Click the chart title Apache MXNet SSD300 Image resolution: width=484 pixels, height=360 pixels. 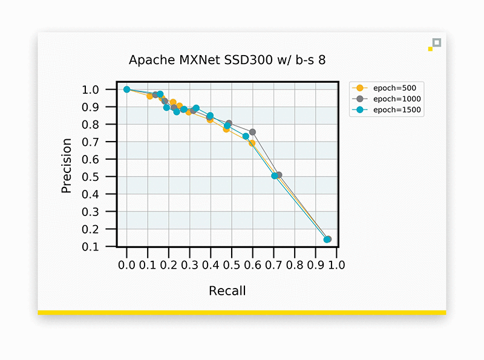point(232,60)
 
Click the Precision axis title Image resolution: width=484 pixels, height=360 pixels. point(67,166)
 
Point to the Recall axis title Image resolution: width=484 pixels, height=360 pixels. point(227,291)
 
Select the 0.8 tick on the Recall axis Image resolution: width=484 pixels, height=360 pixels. point(295,265)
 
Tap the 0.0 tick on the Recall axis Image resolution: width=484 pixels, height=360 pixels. point(127,265)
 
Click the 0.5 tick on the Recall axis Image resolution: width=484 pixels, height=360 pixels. point(232,265)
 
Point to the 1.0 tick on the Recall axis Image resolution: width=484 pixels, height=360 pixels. point(336,265)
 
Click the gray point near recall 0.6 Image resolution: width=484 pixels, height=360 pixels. point(252,132)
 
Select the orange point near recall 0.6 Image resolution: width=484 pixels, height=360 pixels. point(252,143)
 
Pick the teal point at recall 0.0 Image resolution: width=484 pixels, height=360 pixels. point(127,90)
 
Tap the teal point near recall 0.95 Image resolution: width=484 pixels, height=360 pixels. point(327,240)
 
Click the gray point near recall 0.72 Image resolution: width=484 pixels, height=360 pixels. point(278,175)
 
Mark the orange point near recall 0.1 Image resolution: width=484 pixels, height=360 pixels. point(150,96)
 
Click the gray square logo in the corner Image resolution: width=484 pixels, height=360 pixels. point(437,42)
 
